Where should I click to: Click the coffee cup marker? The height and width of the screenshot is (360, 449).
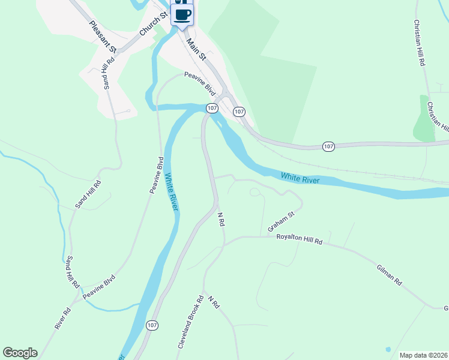182,14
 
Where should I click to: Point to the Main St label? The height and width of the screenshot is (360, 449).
196,50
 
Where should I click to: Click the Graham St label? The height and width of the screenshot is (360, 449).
281,221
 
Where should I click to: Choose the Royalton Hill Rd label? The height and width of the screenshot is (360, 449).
299,239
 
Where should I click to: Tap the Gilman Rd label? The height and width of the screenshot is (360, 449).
390,275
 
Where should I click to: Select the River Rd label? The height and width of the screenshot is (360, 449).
62,318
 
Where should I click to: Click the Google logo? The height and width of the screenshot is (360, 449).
20,353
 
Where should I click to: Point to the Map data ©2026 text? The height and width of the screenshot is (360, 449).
423,355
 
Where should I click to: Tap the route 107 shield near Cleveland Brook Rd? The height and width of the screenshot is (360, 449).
152,325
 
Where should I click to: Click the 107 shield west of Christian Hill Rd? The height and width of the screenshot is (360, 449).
328,146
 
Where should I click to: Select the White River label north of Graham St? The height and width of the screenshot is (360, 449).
299,177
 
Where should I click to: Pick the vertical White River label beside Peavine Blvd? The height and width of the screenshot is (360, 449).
171,192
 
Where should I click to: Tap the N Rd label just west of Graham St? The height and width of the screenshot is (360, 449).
220,219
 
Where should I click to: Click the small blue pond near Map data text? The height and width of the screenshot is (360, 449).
388,349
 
